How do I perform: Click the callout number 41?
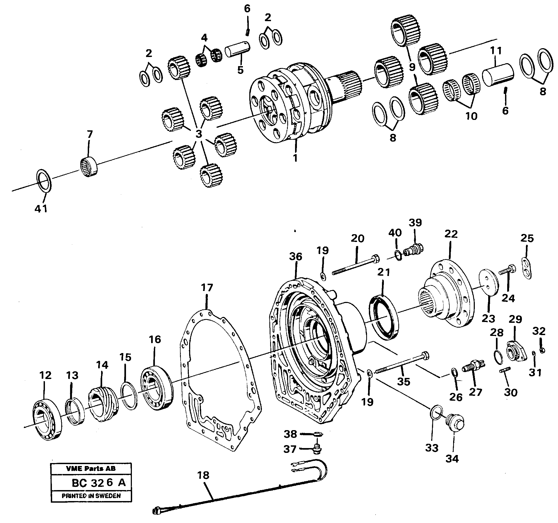[x=41, y=209]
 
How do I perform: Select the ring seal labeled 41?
[x=44, y=181]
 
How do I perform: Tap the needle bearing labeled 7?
[x=89, y=168]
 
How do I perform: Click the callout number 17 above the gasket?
[x=207, y=288]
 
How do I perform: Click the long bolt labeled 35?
[x=401, y=363]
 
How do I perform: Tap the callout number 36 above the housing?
[x=296, y=256]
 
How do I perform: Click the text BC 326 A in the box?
[x=98, y=483]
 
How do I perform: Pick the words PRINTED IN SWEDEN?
[x=91, y=496]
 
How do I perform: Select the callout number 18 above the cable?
[x=203, y=475]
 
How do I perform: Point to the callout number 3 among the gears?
[x=199, y=134]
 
